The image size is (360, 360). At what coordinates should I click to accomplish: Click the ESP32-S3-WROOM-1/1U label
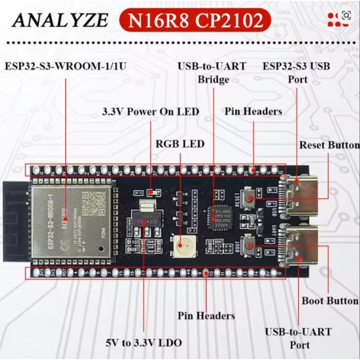(66, 67)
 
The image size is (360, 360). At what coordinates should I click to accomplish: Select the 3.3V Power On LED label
(151, 112)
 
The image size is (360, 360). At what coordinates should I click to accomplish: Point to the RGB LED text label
(180, 144)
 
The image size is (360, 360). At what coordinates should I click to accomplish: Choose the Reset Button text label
(329, 145)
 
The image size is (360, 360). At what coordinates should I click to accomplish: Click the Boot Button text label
(329, 301)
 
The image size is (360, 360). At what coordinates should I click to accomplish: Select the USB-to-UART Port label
(298, 338)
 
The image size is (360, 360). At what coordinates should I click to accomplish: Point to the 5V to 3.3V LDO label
(144, 343)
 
